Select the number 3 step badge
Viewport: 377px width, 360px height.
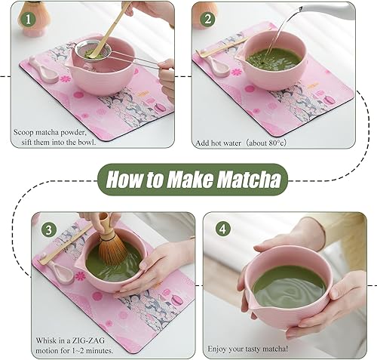(47, 228)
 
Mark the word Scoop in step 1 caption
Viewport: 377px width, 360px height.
(26, 131)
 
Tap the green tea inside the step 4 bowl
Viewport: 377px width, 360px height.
(290, 284)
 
